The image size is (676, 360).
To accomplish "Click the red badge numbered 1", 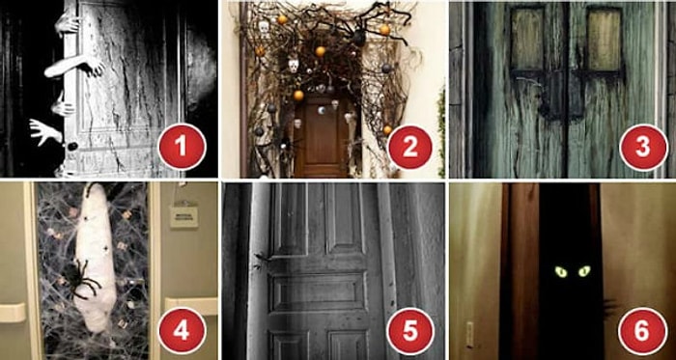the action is click(182, 147).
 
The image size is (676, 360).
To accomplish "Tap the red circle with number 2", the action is click(410, 148).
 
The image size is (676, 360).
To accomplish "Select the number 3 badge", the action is click(643, 148).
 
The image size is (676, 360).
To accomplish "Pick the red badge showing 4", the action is click(182, 331).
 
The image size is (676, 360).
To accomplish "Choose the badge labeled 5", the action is click(410, 331).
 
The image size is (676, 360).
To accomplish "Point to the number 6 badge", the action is click(642, 331).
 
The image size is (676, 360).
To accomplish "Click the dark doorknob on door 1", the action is click(72, 146).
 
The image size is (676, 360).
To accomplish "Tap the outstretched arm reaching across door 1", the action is click(74, 68).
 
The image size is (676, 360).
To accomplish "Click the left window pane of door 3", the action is click(527, 40).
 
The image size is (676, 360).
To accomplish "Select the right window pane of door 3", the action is click(604, 40).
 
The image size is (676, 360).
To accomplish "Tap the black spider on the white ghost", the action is click(81, 280).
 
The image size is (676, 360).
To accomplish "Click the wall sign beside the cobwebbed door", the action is click(183, 216).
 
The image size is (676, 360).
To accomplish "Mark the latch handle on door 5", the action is click(261, 260).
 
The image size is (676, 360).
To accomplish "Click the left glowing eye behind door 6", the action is click(560, 271).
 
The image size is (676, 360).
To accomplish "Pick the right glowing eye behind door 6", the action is click(583, 271).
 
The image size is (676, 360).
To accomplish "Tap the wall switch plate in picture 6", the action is click(470, 335).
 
